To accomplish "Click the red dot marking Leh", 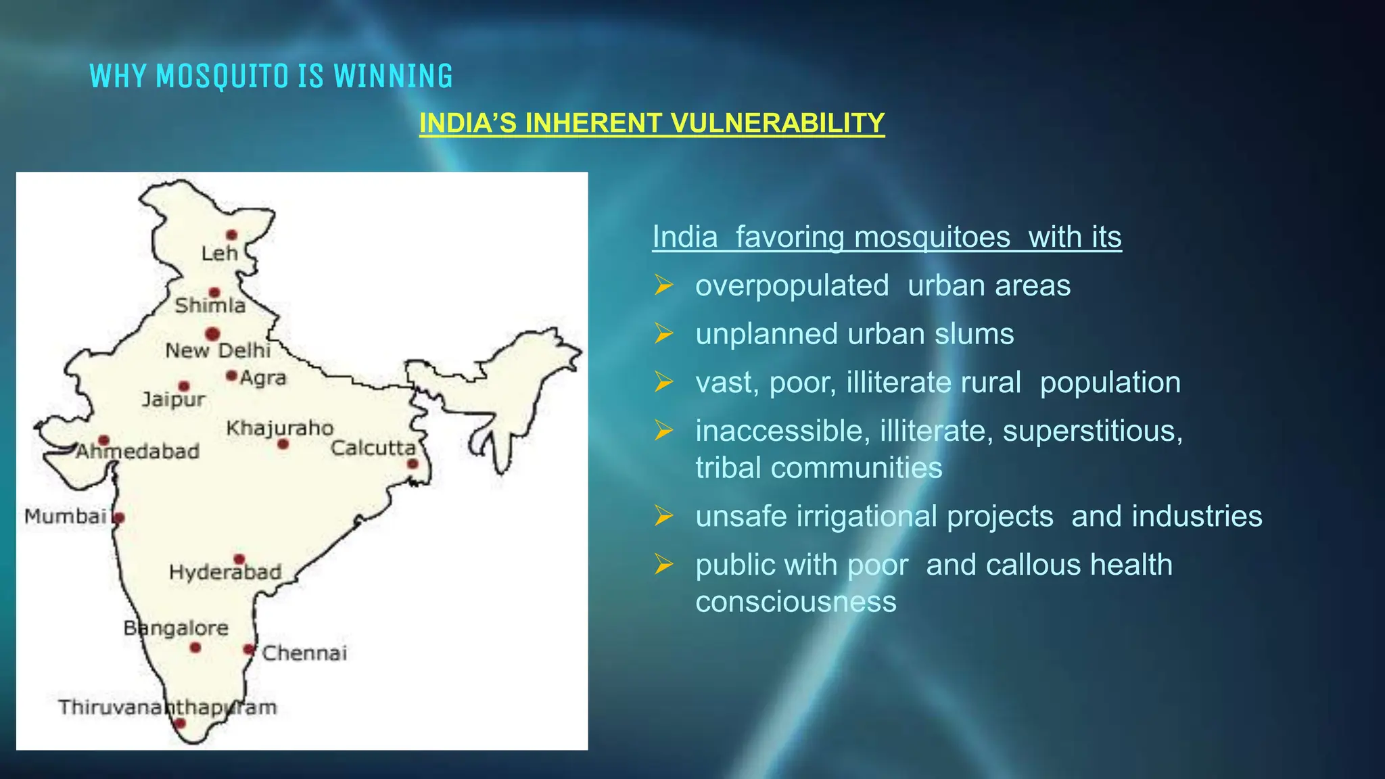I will point(231,235).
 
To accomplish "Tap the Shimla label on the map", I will point(210,306).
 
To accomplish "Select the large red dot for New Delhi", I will point(212,334).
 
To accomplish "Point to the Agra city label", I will point(263,378).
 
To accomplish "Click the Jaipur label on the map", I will point(173,400).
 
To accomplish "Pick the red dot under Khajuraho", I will point(283,444).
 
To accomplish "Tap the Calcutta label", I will point(373,448).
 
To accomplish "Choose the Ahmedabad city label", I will point(137,452).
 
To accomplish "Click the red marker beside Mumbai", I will point(119,519).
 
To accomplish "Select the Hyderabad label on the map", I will point(225,573).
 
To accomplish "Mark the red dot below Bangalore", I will point(195,648).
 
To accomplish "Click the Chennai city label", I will point(304,653).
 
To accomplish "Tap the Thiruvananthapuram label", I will point(168,707).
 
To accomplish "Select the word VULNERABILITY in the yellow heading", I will point(777,123).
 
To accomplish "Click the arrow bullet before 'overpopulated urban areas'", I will point(664,286).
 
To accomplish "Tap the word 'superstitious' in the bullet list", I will point(1092,431).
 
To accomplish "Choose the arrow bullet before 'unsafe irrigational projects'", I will point(664,517).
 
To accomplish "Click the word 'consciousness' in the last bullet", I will point(796,602).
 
